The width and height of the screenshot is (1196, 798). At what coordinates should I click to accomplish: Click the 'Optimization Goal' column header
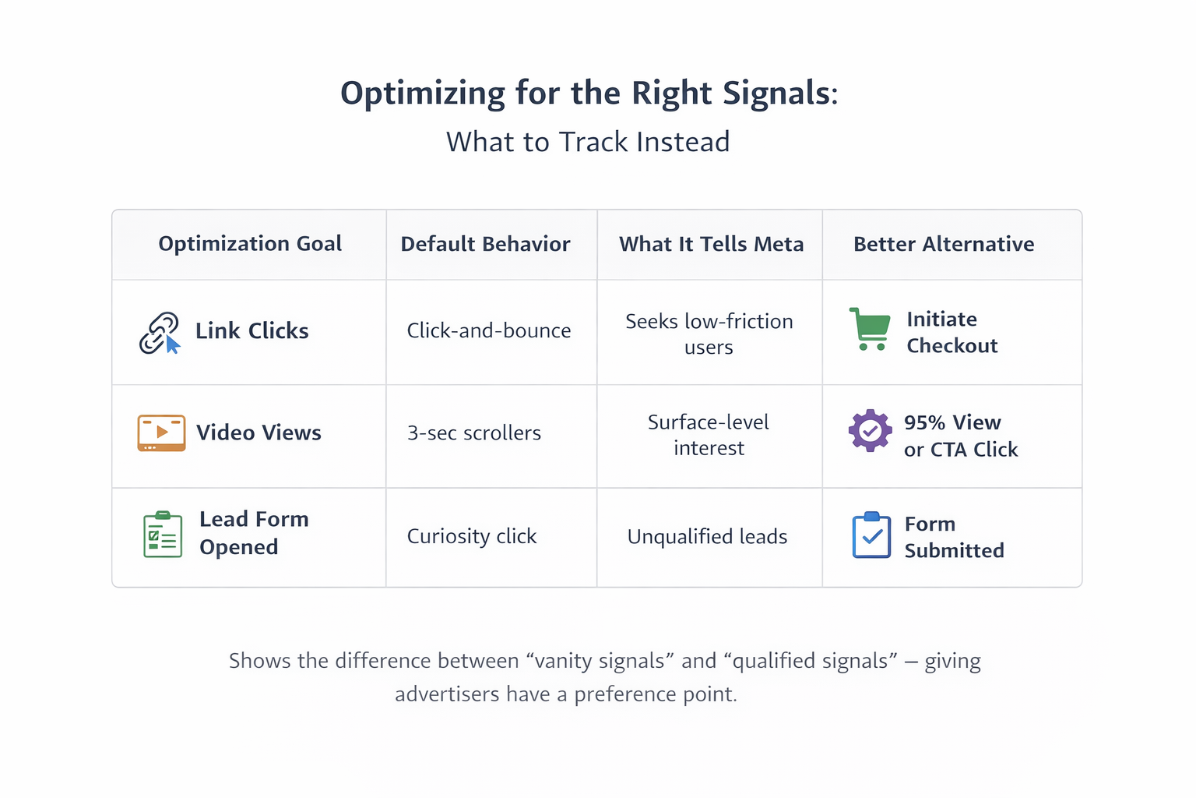(250, 244)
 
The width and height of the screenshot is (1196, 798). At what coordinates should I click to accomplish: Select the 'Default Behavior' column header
(485, 244)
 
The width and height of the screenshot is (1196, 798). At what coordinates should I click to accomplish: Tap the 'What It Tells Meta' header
(711, 244)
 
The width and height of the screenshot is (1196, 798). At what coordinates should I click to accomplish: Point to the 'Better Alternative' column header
(944, 244)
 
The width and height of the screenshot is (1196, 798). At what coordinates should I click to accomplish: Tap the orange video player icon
(161, 433)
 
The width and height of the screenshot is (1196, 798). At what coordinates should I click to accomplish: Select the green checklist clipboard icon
(163, 535)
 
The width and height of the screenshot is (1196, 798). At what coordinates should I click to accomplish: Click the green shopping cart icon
(870, 329)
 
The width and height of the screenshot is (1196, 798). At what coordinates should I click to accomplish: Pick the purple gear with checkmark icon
(870, 430)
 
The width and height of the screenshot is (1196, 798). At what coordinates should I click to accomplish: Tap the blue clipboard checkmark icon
(871, 535)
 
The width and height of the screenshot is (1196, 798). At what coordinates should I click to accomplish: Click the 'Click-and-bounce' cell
(488, 330)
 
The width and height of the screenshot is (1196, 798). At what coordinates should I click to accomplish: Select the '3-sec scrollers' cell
(473, 433)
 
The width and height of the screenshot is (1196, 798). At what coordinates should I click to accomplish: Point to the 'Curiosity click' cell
(471, 536)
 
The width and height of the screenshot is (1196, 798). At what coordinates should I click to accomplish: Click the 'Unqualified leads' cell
(707, 536)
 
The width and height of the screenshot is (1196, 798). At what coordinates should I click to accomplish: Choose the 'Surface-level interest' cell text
(709, 435)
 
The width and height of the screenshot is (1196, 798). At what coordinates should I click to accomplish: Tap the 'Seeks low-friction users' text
(709, 334)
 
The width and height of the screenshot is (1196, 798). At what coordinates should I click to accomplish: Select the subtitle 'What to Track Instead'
(588, 142)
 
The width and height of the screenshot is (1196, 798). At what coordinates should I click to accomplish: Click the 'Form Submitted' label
(954, 537)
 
